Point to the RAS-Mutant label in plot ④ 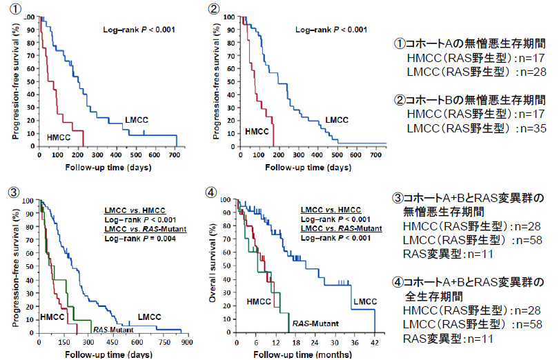tap(308, 323)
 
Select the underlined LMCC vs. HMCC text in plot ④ tap(332, 209)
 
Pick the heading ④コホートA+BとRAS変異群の tap(468, 282)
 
